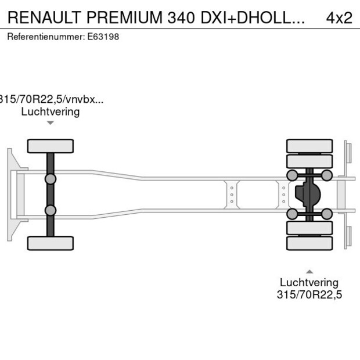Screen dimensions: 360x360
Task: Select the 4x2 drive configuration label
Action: click(339, 17)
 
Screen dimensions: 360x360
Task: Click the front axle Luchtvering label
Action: click(51, 111)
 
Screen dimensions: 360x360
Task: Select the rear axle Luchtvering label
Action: click(309, 282)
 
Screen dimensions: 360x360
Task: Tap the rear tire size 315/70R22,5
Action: click(309, 295)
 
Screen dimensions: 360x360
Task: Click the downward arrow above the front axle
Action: click(51, 123)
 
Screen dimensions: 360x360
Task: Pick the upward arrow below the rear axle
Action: click(309, 271)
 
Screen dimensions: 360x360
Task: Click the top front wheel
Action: click(51, 146)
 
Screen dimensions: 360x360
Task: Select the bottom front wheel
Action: click(51, 243)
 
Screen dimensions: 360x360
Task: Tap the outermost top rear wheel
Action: click(309, 146)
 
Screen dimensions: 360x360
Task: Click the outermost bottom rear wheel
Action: click(309, 243)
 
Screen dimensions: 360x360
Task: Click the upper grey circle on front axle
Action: click(51, 179)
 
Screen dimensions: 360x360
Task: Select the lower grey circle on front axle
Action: click(51, 210)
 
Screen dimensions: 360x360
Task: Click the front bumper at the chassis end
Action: click(10, 195)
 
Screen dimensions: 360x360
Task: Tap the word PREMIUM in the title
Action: click(123, 17)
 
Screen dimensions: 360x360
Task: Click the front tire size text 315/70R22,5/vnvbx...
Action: click(52, 99)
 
